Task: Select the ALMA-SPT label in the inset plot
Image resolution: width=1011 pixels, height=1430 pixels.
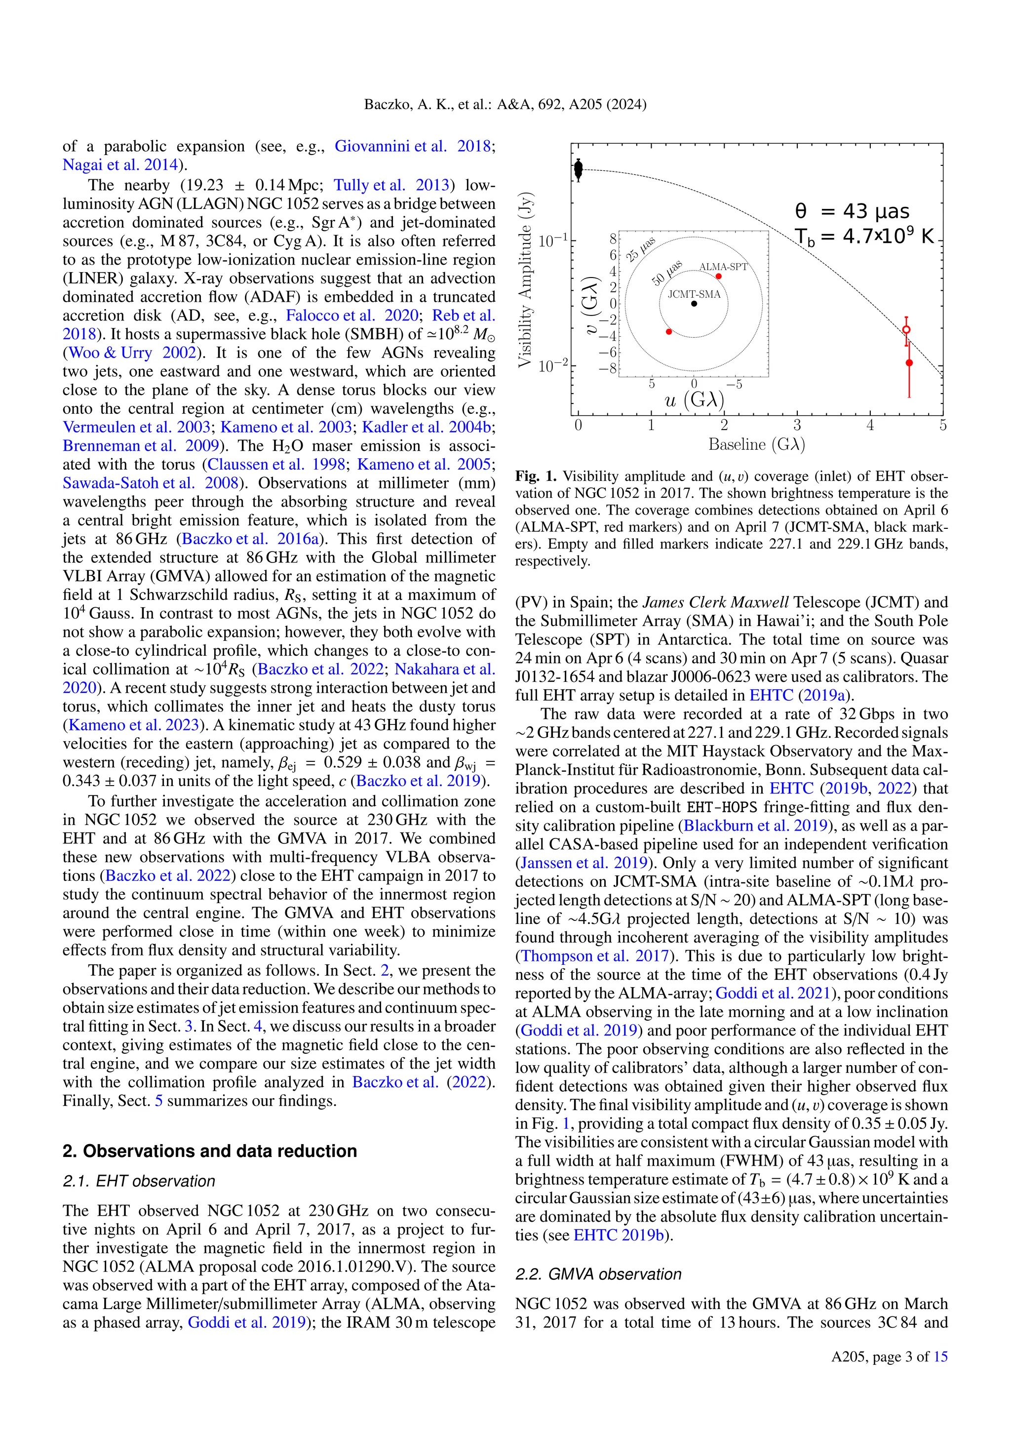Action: tap(723, 267)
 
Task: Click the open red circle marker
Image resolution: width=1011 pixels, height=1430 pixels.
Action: tap(906, 329)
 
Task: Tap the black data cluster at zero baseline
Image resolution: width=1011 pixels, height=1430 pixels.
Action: tap(579, 169)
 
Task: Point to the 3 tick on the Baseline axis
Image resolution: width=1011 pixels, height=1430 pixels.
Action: tap(797, 425)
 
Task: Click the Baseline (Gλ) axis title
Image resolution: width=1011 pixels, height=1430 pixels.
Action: tap(756, 445)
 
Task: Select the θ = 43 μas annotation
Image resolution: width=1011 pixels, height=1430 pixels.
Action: tap(852, 212)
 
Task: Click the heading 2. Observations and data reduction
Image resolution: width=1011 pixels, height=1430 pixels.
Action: tap(210, 1151)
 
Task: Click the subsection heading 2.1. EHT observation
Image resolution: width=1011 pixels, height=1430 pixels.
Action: tap(139, 1182)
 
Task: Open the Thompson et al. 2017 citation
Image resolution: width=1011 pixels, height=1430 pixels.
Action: tap(594, 956)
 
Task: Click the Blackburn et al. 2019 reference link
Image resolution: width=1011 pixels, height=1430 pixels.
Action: tap(756, 826)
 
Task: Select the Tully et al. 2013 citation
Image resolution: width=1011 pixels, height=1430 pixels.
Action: tap(391, 186)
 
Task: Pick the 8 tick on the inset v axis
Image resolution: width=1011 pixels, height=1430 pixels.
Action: tap(613, 238)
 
